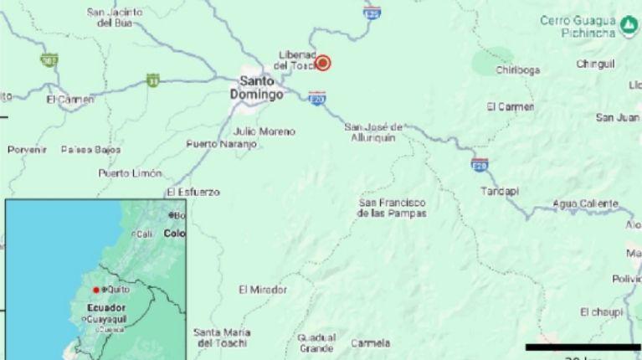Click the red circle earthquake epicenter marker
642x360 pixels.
pos(321,63)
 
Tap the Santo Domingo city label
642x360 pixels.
pos(261,88)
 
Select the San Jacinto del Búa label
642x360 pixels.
pos(116,18)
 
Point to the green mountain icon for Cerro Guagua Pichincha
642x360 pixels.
pos(627,28)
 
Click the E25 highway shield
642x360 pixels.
pos(372,13)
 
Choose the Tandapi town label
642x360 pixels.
pos(500,192)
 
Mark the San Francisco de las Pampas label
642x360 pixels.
pos(392,208)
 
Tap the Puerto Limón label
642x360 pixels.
pos(130,173)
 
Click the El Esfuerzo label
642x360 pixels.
pos(193,192)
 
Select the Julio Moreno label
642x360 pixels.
pos(265,131)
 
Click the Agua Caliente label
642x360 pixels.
pos(585,203)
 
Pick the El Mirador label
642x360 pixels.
pos(262,290)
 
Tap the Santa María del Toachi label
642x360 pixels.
pos(222,337)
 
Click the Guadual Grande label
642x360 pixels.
pos(316,342)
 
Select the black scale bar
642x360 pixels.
pos(583,347)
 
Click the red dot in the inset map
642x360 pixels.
pos(96,290)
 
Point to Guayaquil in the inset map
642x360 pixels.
pos(105,319)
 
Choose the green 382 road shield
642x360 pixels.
pos(49,59)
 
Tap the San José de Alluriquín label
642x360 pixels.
pos(374,131)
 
